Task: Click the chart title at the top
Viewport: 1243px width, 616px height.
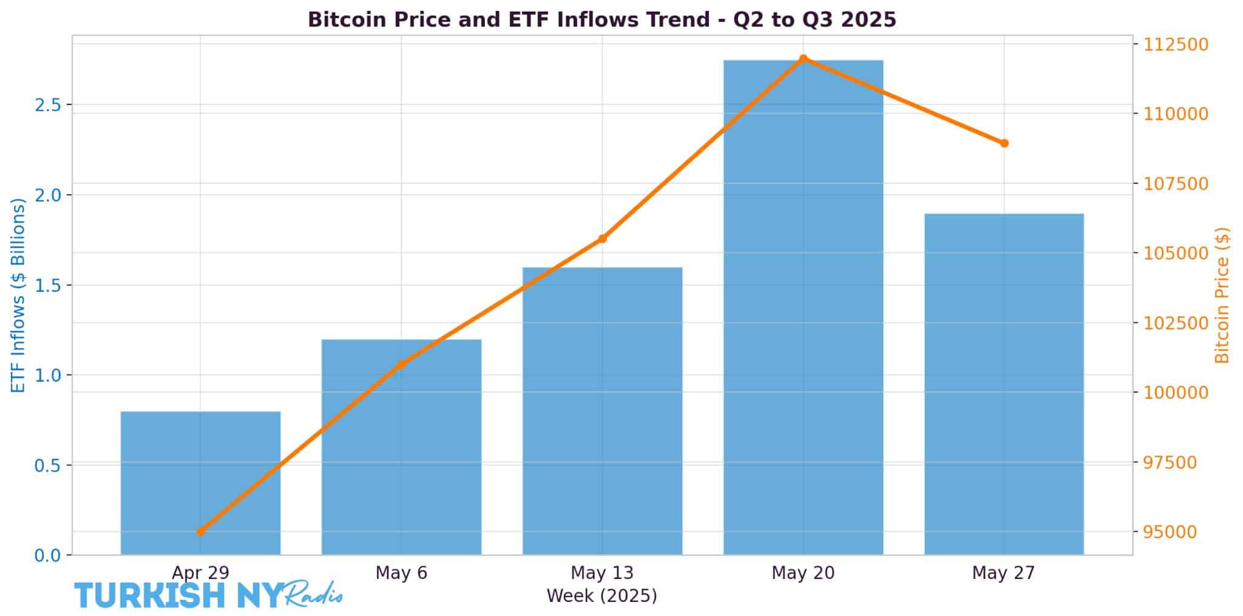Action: click(x=601, y=19)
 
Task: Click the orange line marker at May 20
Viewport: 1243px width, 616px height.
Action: click(x=803, y=59)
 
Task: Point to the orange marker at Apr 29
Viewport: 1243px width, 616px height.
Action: click(x=201, y=532)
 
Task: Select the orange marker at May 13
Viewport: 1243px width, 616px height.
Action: click(x=602, y=239)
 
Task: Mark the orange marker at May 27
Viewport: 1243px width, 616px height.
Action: click(x=1004, y=143)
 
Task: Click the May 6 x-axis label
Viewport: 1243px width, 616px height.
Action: click(x=401, y=573)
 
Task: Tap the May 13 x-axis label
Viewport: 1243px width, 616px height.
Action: click(x=602, y=573)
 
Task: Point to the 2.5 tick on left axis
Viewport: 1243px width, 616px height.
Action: click(x=49, y=105)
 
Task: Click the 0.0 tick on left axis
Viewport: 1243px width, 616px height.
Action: click(x=49, y=555)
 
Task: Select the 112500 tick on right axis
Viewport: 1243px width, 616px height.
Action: click(x=1176, y=44)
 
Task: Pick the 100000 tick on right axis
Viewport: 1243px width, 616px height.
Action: click(x=1176, y=393)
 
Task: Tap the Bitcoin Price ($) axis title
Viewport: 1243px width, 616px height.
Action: click(x=1222, y=295)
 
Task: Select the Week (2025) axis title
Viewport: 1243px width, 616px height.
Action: click(x=601, y=596)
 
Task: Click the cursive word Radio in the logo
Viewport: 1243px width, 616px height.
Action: click(x=314, y=593)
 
